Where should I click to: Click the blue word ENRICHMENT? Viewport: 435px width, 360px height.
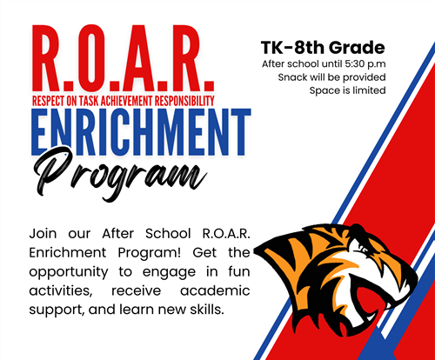click(x=141, y=132)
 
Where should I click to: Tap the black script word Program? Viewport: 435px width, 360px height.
click(x=120, y=174)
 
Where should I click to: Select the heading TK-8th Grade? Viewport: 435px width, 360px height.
click(x=323, y=48)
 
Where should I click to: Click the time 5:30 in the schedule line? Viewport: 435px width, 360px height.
click(x=354, y=63)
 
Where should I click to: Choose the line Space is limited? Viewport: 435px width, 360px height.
click(x=347, y=90)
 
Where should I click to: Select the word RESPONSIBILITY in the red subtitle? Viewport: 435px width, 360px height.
click(x=184, y=101)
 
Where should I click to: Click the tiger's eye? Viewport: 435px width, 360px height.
click(x=363, y=250)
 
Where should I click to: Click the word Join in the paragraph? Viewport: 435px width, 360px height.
click(x=43, y=234)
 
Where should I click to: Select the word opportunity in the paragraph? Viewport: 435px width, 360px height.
click(x=69, y=272)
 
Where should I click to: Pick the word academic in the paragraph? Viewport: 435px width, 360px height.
click(x=215, y=290)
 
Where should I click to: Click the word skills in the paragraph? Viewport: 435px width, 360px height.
click(x=207, y=310)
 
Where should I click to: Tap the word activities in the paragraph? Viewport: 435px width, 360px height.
click(x=61, y=290)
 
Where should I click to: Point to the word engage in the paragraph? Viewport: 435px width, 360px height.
click(x=169, y=273)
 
